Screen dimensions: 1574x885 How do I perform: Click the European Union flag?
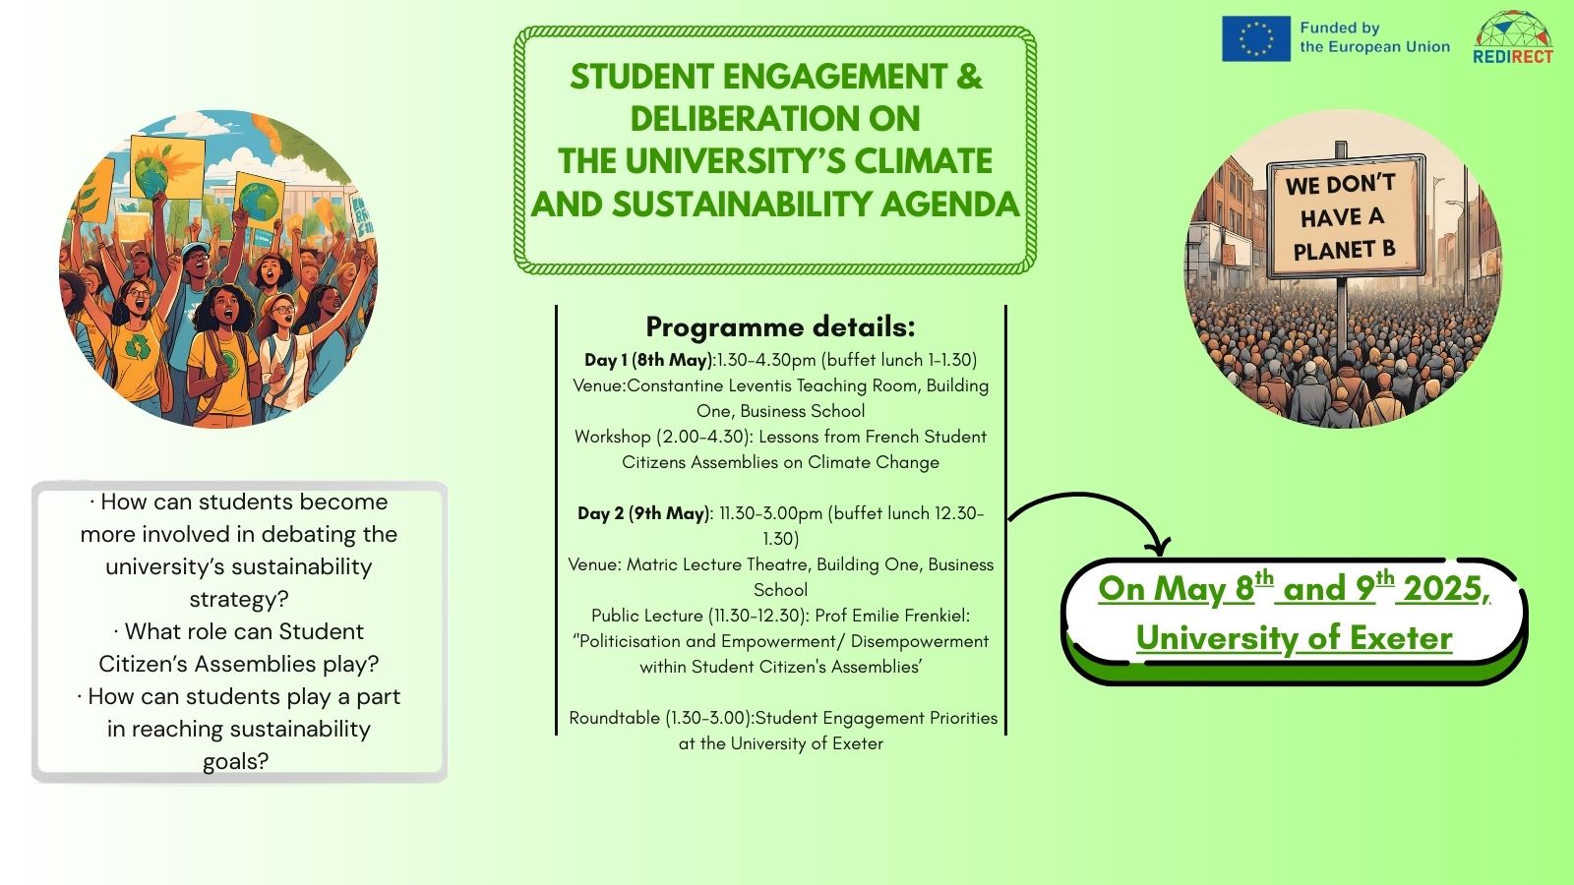coord(1255,38)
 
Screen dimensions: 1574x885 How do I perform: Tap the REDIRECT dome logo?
coord(1513,37)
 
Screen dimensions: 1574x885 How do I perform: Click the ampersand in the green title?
coord(969,76)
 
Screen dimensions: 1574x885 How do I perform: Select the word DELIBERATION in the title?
coord(740,118)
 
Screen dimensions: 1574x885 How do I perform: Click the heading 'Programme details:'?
coord(780,326)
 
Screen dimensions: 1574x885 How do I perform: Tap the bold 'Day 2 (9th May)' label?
coord(643,513)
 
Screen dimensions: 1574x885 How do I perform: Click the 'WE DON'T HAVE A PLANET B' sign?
coord(1345,216)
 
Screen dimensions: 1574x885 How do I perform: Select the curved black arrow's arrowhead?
coord(1158,546)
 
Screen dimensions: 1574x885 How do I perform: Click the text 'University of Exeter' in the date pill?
coord(1295,638)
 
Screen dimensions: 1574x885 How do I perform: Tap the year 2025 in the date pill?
coord(1442,588)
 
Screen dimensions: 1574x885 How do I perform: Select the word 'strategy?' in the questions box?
coord(239,599)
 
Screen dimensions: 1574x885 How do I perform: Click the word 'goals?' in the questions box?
coord(235,761)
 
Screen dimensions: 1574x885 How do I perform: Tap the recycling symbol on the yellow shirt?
coord(137,345)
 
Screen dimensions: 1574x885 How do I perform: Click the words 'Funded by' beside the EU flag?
coord(1339,29)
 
